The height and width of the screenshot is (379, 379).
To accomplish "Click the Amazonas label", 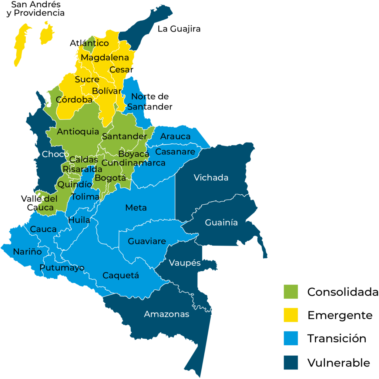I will pyautogui.click(x=167, y=314).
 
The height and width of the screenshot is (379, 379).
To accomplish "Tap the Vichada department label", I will pyautogui.click(x=211, y=178).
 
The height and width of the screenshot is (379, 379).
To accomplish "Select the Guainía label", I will pyautogui.click(x=221, y=223).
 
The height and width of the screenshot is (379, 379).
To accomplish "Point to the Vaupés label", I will pyautogui.click(x=185, y=263).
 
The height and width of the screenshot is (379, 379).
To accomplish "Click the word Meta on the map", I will pyautogui.click(x=136, y=208).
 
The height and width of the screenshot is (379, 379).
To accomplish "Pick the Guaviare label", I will pyautogui.click(x=147, y=241).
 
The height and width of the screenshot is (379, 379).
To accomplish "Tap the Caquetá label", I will pyautogui.click(x=121, y=275).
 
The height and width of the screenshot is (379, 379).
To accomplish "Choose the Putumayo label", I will pyautogui.click(x=62, y=268).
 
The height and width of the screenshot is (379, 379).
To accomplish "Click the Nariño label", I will pyautogui.click(x=27, y=252).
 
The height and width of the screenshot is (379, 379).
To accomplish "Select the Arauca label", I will pyautogui.click(x=175, y=136).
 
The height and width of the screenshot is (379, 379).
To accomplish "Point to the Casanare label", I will pyautogui.click(x=175, y=152).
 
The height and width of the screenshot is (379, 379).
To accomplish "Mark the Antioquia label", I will pyautogui.click(x=78, y=132).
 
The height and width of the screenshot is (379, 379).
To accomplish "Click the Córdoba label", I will pyautogui.click(x=74, y=100).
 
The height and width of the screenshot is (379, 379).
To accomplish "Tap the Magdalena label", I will pyautogui.click(x=105, y=57).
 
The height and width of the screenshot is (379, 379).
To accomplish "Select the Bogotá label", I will pyautogui.click(x=111, y=178).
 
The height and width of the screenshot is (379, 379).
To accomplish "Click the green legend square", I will pyautogui.click(x=291, y=292).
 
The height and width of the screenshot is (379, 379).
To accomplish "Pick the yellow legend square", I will pyautogui.click(x=291, y=315).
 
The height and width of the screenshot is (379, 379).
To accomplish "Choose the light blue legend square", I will pyautogui.click(x=291, y=338).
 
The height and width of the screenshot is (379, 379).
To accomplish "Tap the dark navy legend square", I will pyautogui.click(x=291, y=362).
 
